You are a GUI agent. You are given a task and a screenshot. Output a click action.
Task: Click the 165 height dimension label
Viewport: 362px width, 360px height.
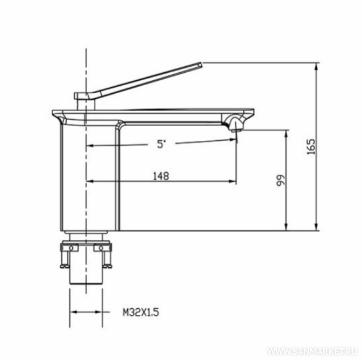pyautogui.click(x=311, y=146)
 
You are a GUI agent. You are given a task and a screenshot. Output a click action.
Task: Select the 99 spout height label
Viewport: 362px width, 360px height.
pyautogui.click(x=281, y=180)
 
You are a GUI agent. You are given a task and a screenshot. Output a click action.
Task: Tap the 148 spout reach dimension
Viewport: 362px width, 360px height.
pyautogui.click(x=161, y=177)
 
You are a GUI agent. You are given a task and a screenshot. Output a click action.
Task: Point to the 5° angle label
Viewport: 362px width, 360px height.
pyautogui.click(x=161, y=144)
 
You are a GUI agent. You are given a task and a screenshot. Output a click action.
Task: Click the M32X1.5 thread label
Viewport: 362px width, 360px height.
pyautogui.click(x=141, y=312)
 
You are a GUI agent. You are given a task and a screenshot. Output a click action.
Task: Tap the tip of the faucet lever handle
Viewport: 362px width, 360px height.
pyautogui.click(x=201, y=64)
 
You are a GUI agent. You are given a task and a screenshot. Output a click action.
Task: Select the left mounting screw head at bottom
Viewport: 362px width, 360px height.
pyautogui.click(x=65, y=266)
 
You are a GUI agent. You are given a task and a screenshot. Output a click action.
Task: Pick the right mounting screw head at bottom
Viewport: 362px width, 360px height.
pyautogui.click(x=107, y=266)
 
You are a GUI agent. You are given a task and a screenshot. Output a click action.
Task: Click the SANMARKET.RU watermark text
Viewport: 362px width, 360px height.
pyautogui.click(x=313, y=352)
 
